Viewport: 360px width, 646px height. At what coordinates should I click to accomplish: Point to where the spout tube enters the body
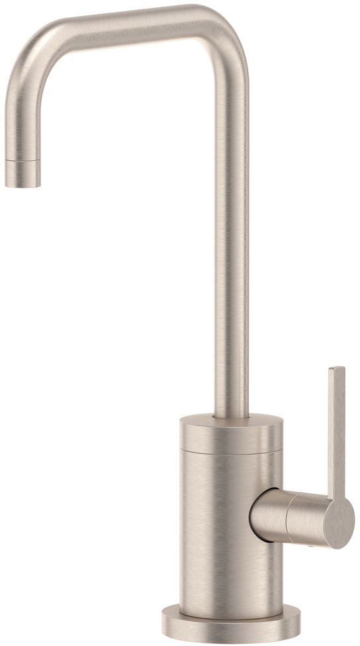pyautogui.click(x=232, y=416)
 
